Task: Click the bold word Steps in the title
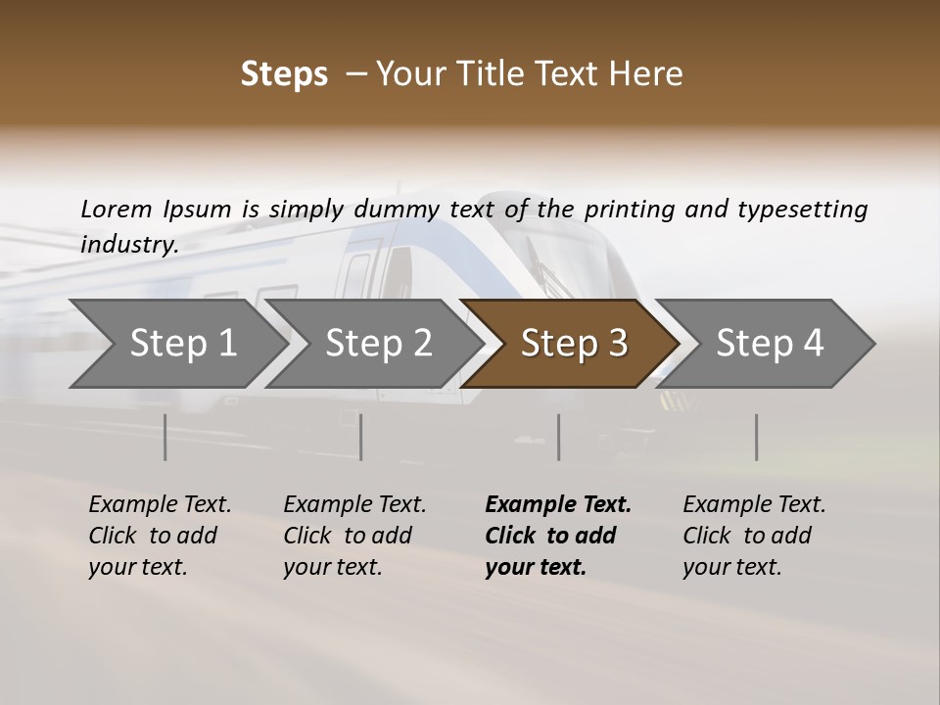(284, 74)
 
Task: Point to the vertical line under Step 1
(165, 437)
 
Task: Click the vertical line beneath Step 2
(361, 437)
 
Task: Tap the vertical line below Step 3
(558, 437)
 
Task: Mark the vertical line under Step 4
(756, 437)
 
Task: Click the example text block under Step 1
(160, 536)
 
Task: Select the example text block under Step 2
(354, 536)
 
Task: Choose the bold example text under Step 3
(558, 536)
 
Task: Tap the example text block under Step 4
(754, 536)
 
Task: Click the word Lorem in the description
(117, 209)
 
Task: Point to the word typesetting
(802, 209)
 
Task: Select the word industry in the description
(128, 244)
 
